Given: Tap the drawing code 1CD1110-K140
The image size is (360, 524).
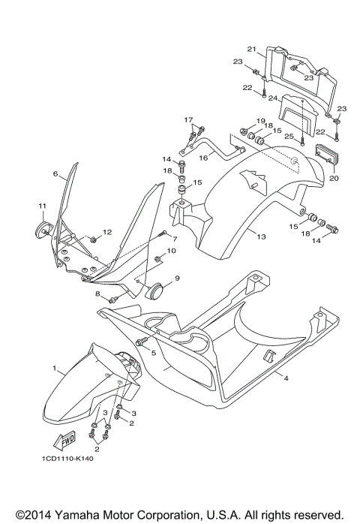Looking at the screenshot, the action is [67, 459].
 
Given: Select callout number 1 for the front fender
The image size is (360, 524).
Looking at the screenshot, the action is [54, 369].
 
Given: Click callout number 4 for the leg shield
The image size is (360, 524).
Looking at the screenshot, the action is [286, 378].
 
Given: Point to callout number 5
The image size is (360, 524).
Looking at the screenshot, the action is [154, 353].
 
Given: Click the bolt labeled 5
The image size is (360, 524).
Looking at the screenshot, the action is [141, 342].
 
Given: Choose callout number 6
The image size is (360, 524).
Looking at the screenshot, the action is [55, 173].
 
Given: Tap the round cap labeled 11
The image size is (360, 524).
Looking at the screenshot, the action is [42, 230].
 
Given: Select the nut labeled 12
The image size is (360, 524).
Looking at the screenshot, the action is [94, 239].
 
